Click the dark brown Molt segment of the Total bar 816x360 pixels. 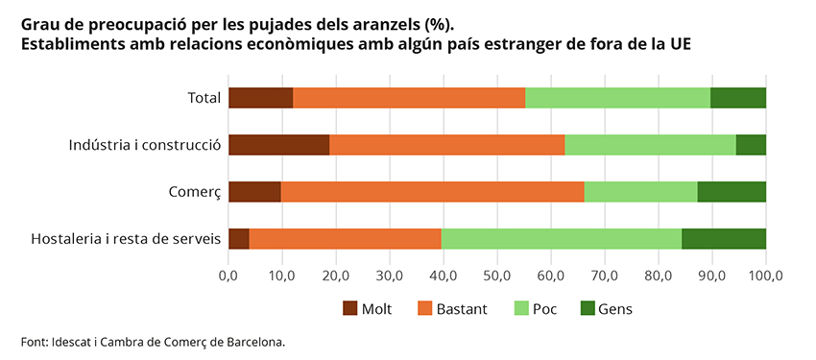pos(260,97)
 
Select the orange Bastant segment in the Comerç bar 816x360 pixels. pos(432,191)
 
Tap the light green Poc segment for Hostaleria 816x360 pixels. pos(561,238)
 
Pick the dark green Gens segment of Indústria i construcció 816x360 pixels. pos(751,144)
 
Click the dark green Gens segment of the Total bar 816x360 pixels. pos(737,97)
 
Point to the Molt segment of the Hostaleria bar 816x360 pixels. pos(239,238)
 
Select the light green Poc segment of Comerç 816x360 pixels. pos(640,191)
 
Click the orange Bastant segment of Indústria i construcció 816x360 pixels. pos(446,144)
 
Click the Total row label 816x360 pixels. pos(204,97)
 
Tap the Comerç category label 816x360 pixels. pos(195,192)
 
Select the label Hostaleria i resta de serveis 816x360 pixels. pos(126,239)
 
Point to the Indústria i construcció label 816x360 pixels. pos(145,145)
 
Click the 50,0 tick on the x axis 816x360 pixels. pos(496,276)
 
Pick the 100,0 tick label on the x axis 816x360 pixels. pos(764,276)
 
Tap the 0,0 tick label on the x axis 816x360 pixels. pos(228,276)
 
